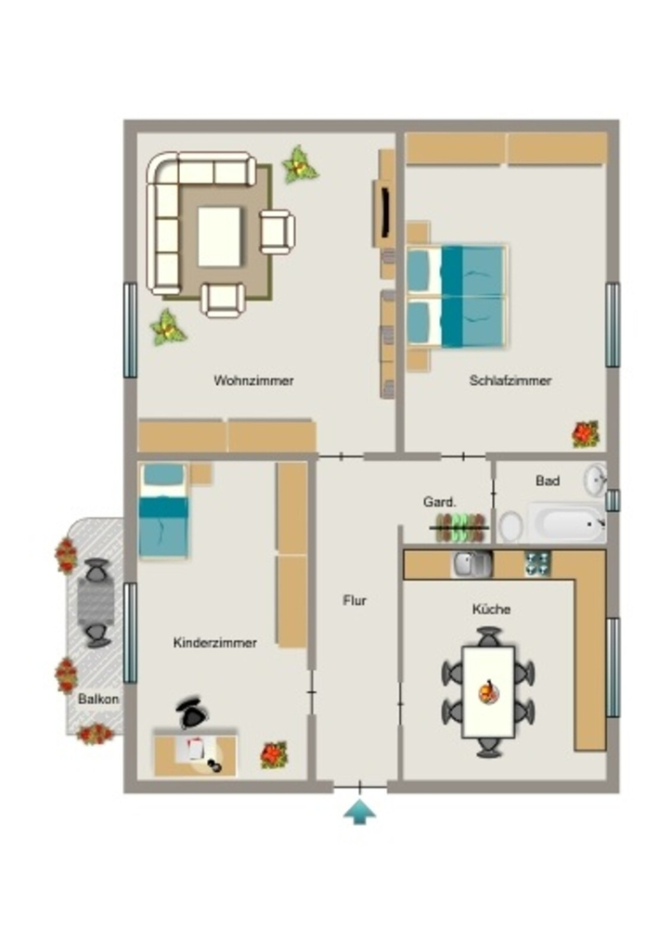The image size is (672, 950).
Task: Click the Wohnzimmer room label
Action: click(x=253, y=380)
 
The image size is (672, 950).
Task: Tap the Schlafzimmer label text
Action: click(x=510, y=380)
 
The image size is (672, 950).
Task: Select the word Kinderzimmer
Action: click(x=215, y=642)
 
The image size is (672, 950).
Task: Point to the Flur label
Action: click(x=355, y=600)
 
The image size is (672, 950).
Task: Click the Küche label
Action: click(x=491, y=609)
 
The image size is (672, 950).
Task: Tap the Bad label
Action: click(x=548, y=481)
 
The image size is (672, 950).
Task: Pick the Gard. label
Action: click(x=440, y=502)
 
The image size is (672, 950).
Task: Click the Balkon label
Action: click(x=98, y=699)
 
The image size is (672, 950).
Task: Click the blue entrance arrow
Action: click(x=360, y=812)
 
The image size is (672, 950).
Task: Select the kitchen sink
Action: click(x=472, y=565)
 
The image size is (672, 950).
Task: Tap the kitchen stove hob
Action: click(x=537, y=563)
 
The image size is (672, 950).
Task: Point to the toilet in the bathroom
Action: click(x=511, y=527)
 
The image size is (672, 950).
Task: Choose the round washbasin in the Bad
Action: click(x=596, y=480)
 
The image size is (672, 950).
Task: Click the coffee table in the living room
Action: click(x=219, y=237)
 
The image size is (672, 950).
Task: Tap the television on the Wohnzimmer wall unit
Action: click(x=385, y=212)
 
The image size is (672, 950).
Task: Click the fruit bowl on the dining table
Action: click(x=488, y=692)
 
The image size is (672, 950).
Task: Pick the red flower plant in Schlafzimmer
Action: click(x=586, y=434)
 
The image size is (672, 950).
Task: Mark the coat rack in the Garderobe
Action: click(x=459, y=528)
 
